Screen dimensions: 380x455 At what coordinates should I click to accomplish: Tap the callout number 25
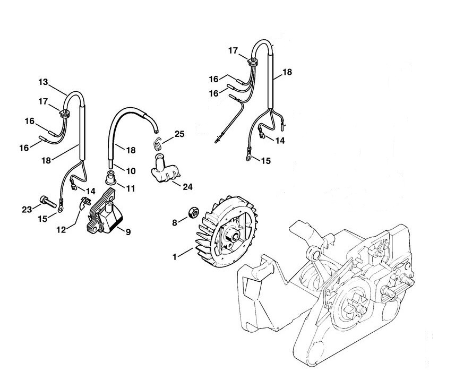pyautogui.click(x=179, y=134)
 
